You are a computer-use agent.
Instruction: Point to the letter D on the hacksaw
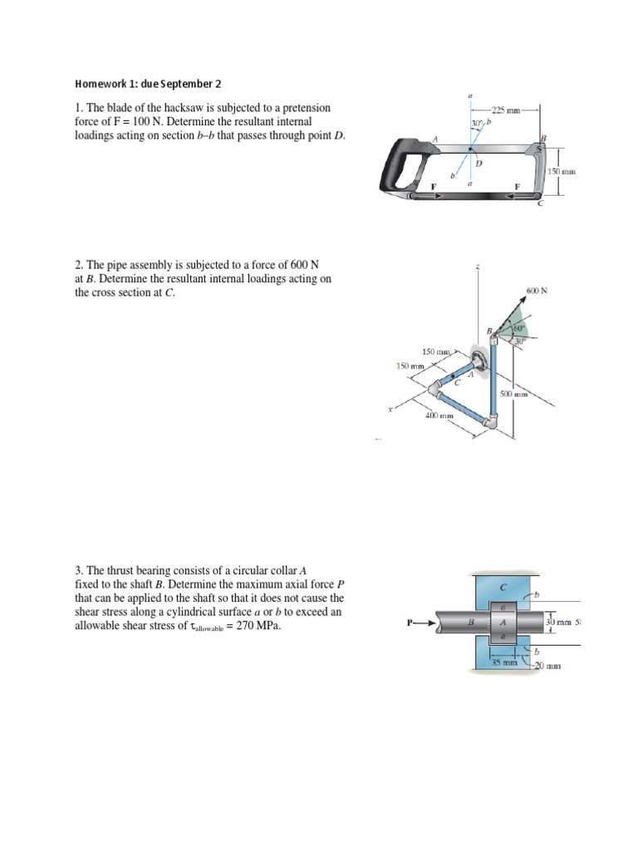[478, 163]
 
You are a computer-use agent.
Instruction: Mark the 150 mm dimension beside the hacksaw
[562, 171]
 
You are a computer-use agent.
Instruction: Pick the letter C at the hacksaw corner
[540, 205]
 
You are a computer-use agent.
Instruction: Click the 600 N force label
[537, 291]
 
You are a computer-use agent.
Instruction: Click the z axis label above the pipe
[478, 267]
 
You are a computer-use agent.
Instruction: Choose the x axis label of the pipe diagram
[390, 410]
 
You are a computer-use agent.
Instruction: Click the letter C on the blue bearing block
[503, 587]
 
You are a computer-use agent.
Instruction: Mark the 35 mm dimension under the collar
[503, 662]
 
